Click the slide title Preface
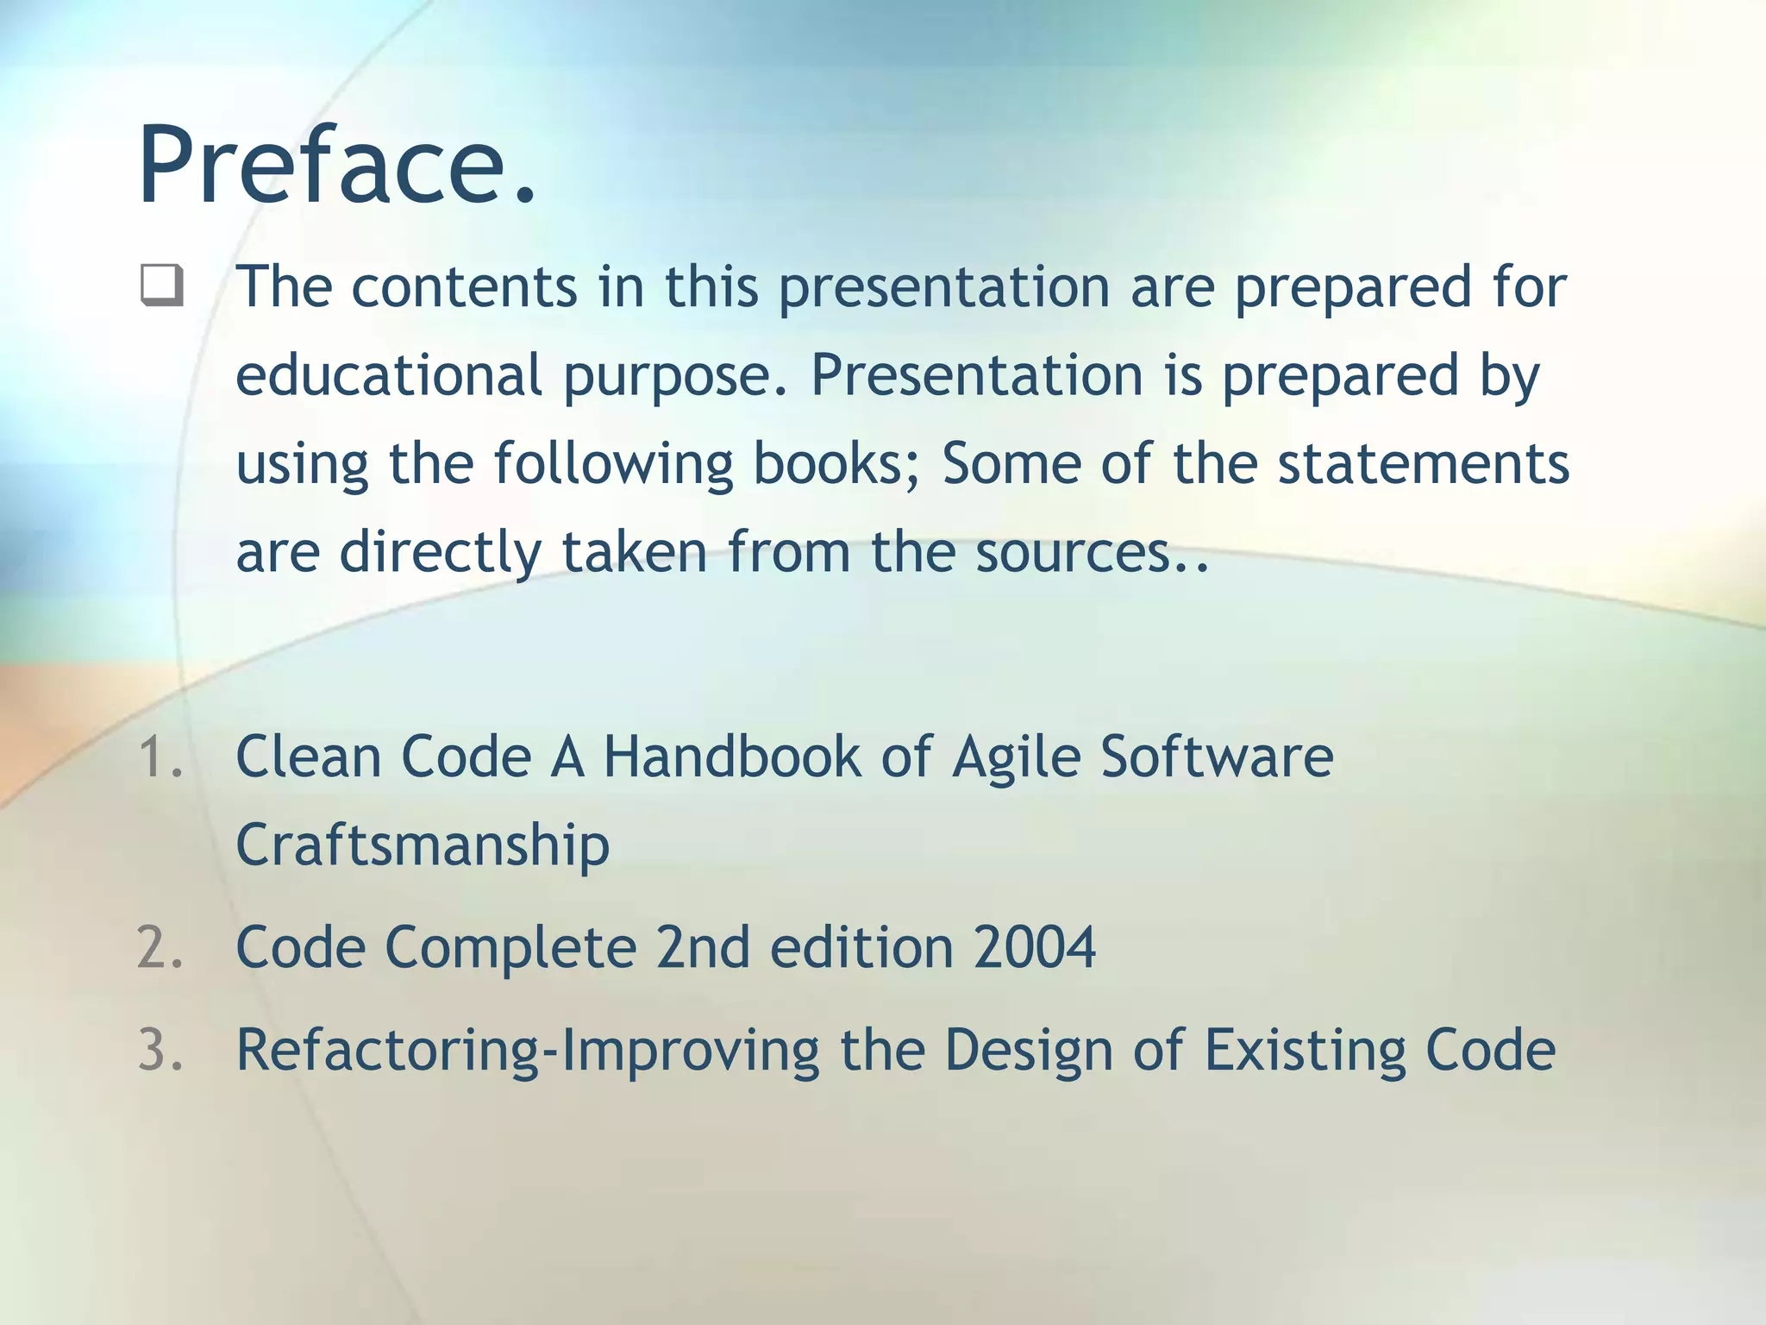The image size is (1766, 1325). click(336, 166)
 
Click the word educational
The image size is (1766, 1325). click(388, 376)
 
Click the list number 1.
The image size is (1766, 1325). click(160, 757)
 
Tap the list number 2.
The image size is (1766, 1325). click(160, 948)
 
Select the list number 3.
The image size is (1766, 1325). click(160, 1050)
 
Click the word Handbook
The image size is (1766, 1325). click(731, 757)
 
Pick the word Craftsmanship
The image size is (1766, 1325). click(423, 845)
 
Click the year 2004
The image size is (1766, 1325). click(1034, 948)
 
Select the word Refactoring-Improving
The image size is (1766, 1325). click(528, 1052)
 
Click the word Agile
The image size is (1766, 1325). click(1016, 757)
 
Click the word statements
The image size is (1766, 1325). click(1423, 464)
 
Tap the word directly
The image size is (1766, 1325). click(440, 553)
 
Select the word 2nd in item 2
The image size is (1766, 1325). click(702, 948)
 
